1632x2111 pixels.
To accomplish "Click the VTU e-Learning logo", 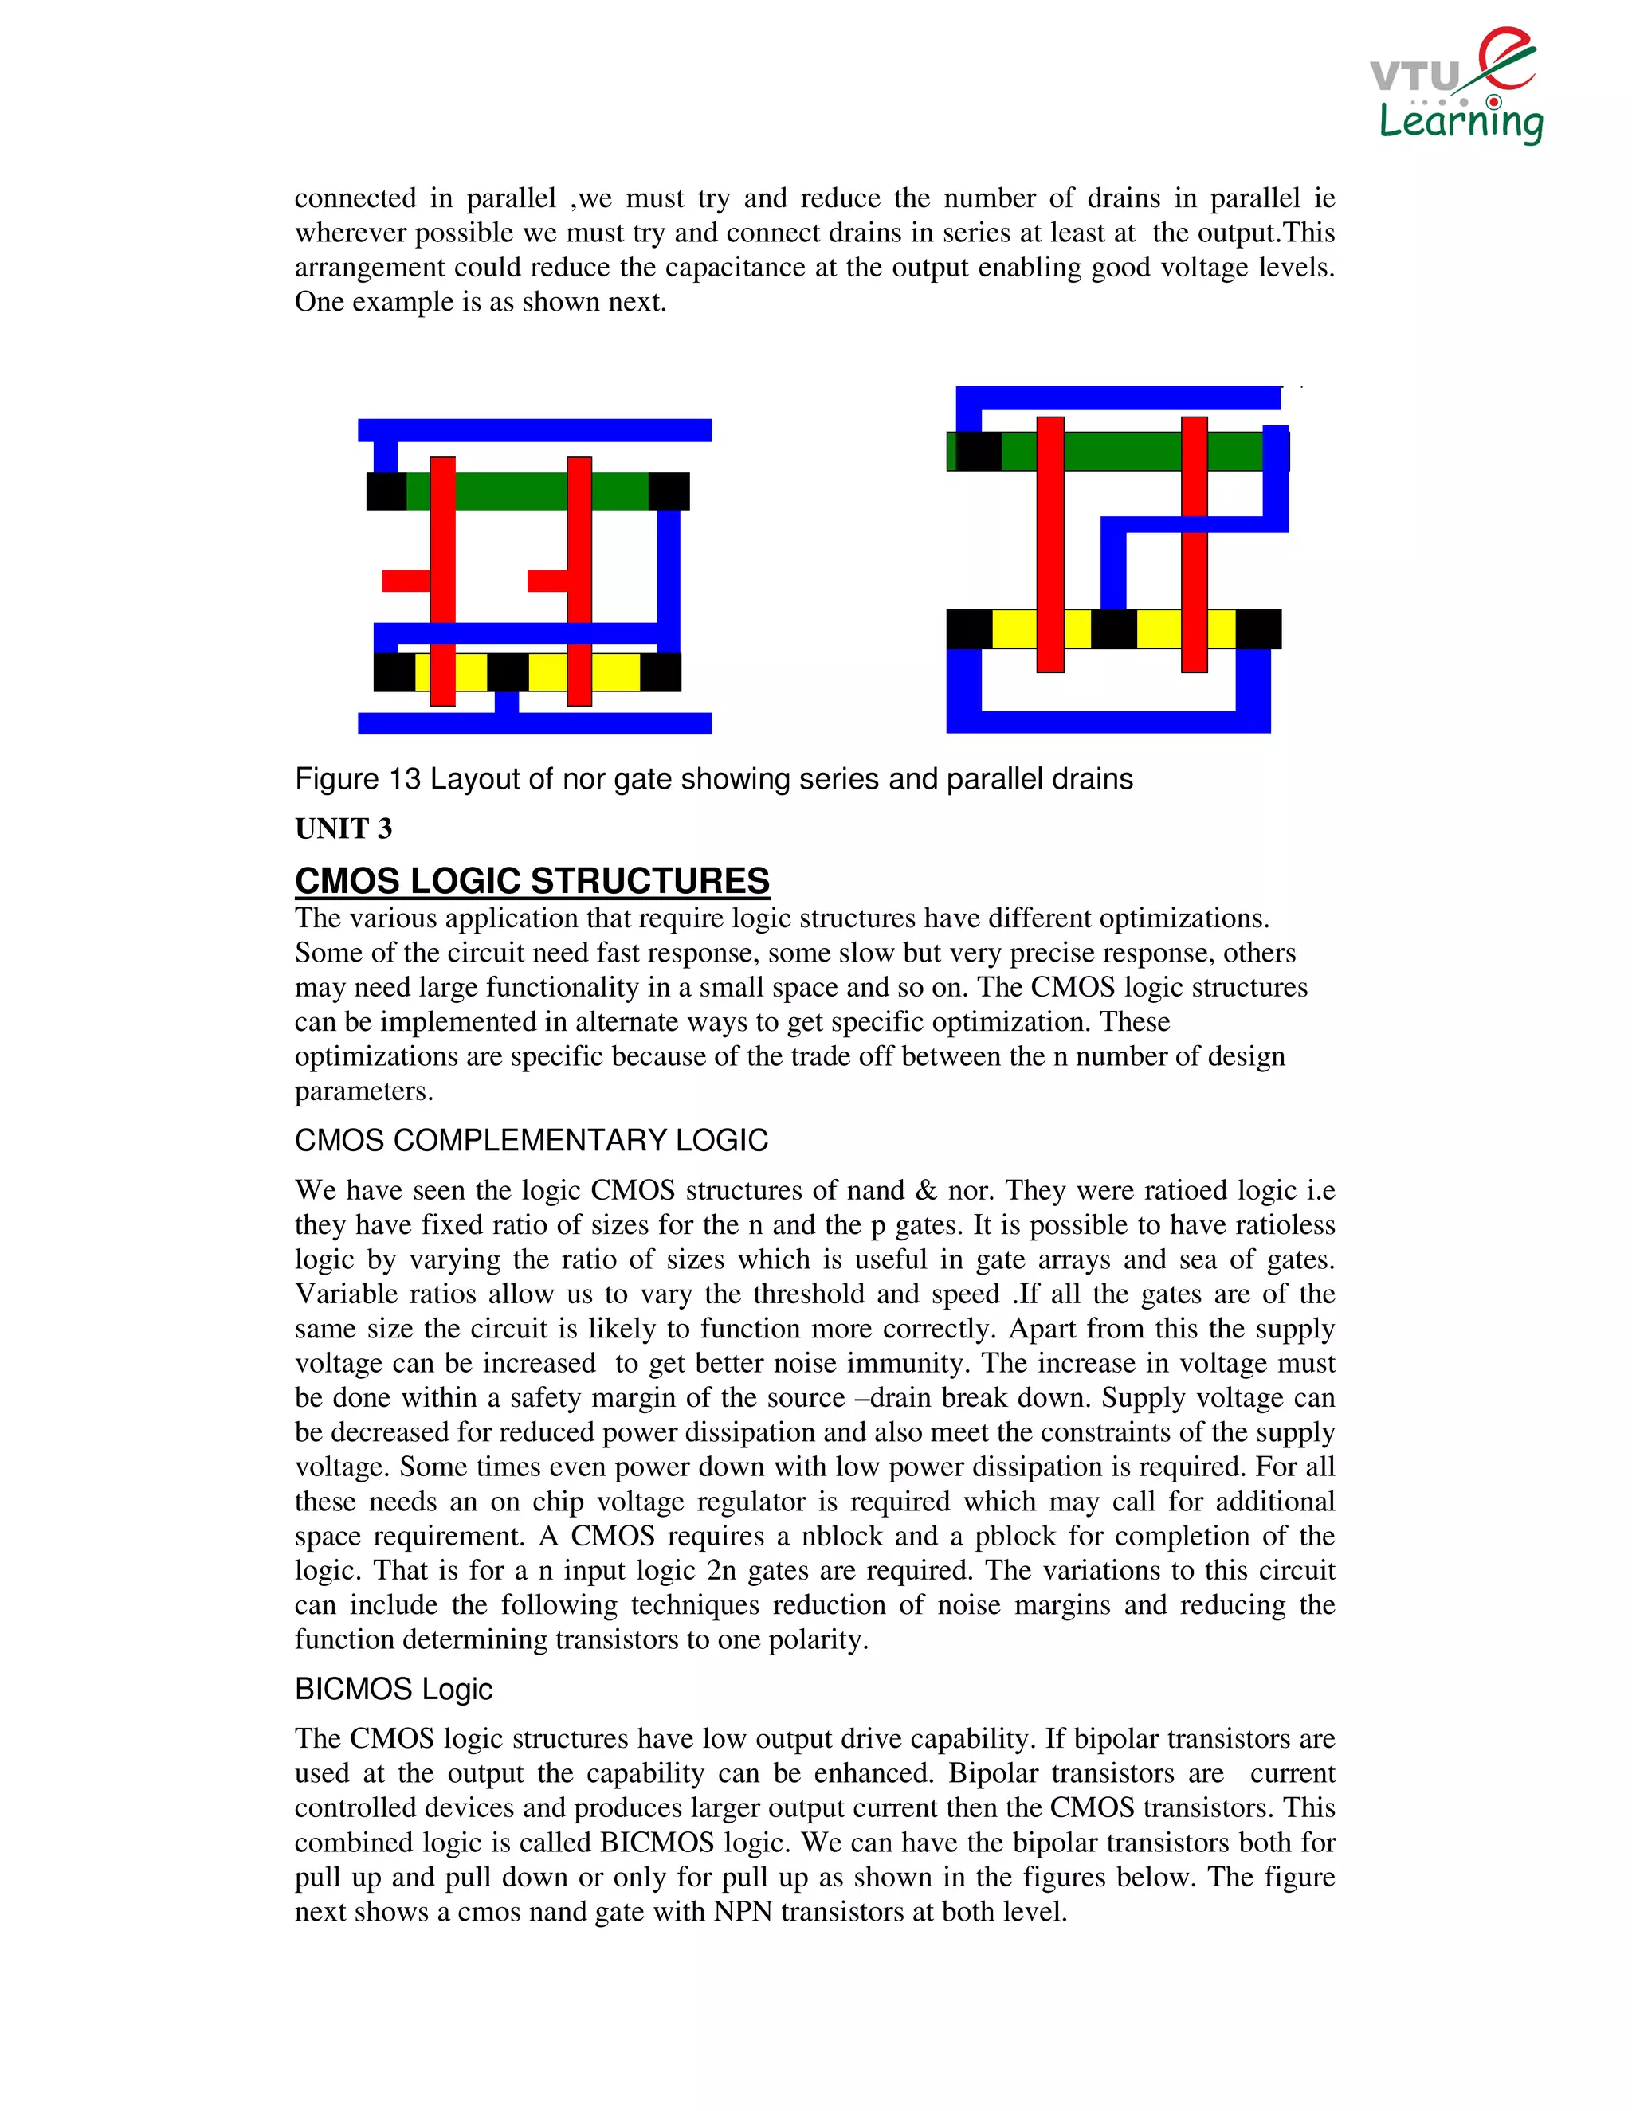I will tap(1456, 87).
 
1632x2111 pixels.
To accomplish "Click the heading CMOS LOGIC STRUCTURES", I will tap(532, 880).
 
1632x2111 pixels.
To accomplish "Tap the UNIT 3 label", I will tap(343, 828).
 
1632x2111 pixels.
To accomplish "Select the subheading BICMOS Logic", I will tap(394, 1689).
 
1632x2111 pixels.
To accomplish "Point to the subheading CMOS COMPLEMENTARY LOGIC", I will tap(531, 1140).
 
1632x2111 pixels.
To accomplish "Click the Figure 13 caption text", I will tap(713, 778).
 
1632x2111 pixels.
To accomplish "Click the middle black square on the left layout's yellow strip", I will tap(508, 672).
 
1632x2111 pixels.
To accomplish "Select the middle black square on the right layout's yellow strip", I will tap(1114, 629).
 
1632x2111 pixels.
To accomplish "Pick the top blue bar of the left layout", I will tap(535, 430).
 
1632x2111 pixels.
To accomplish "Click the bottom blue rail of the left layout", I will tap(535, 723).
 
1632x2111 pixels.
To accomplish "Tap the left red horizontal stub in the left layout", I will tap(405, 581).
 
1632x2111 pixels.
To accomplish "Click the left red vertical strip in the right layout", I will tap(1050, 544).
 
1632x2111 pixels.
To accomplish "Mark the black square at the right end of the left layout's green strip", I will tap(669, 491).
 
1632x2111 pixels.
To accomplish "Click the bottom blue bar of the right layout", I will tap(1108, 722).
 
